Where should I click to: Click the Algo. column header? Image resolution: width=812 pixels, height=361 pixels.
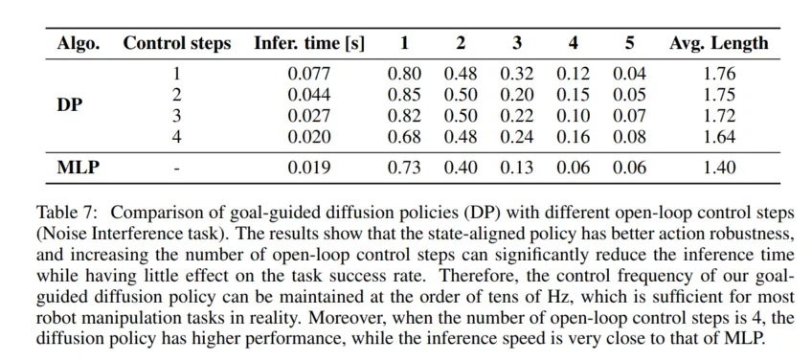78,43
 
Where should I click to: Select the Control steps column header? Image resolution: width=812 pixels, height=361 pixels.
176,43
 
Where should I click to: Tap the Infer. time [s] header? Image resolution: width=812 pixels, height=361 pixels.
308,43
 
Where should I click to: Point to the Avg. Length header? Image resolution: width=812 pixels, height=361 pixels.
718,43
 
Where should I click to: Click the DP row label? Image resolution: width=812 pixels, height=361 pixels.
69,105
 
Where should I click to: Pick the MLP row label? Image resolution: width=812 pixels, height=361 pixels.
78,169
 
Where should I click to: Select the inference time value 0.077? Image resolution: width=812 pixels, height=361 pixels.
308,74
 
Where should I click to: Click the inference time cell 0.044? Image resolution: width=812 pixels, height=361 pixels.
308,96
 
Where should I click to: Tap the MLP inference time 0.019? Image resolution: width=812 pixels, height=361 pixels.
308,169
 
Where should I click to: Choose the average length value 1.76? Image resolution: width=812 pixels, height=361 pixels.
719,74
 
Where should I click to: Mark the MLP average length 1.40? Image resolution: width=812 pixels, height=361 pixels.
719,169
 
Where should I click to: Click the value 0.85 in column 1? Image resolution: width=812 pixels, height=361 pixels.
404,96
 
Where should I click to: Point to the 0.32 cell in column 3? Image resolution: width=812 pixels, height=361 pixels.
517,74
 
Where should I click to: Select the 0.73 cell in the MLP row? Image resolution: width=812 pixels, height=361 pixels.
404,169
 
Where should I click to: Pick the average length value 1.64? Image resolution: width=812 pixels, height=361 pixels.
719,137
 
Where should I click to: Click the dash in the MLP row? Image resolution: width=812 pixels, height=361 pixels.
176,169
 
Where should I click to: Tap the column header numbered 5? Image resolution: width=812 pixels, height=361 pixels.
629,43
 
